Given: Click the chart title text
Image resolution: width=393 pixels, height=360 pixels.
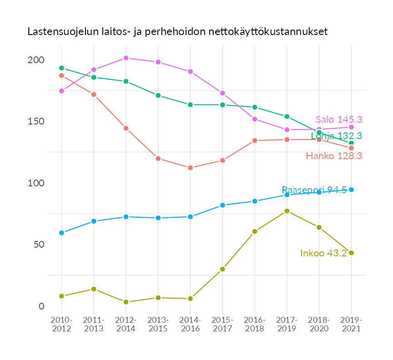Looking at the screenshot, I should coord(177,32).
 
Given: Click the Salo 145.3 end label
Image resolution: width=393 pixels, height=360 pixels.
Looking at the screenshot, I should coord(338,120).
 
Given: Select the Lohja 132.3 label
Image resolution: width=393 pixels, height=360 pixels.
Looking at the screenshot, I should coord(336,135).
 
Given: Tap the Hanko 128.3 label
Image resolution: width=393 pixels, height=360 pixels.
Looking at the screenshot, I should coord(334,156).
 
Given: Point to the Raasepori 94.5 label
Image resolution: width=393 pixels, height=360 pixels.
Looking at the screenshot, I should coord(314,190).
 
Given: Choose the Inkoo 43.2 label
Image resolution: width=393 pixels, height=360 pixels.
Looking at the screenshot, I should coord(323,253).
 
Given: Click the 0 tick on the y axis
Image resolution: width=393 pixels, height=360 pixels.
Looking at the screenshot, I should coord(42,306).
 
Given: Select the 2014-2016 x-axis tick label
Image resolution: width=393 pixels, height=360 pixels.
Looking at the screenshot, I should coord(190,325).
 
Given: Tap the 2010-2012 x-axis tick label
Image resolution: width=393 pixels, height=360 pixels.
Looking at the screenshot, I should coord(61,325).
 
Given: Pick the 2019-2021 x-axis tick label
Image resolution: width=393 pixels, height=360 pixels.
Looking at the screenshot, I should coord(351,325).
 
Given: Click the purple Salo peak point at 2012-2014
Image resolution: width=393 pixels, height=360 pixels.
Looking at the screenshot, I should coord(126,58).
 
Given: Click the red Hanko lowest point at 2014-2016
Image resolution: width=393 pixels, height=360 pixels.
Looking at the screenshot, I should coord(190,168).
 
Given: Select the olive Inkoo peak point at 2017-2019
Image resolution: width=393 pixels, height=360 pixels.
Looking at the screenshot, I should coord(287,211).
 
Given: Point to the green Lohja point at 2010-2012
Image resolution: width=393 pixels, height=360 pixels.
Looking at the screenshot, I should coord(61,68).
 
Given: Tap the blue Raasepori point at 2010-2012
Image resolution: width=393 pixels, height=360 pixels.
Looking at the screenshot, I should coord(61,233).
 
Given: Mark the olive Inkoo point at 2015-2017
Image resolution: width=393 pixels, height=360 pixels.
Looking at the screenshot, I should coord(222,269).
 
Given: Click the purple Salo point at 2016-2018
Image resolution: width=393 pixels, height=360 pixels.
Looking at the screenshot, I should coord(255,119).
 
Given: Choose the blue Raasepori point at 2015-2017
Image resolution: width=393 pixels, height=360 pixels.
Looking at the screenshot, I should coord(222,205).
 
